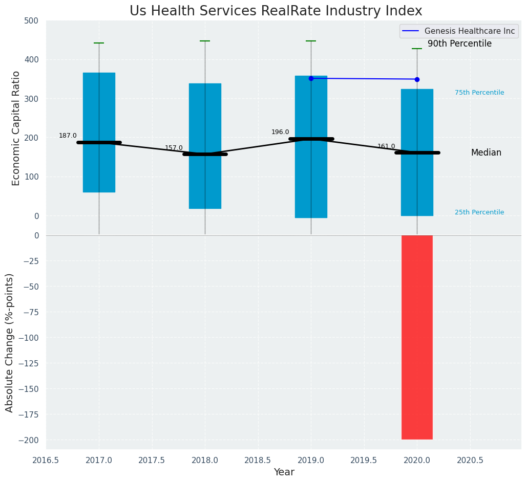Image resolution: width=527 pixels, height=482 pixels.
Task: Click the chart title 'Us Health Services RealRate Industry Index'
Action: point(276,11)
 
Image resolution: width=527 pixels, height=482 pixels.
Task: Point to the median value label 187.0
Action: point(68,136)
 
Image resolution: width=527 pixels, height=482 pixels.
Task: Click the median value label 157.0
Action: point(174,148)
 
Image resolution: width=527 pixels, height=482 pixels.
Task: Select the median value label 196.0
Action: point(280,133)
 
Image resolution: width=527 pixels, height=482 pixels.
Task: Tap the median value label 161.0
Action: point(386,147)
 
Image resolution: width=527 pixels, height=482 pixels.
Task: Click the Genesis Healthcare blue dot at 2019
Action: point(311,78)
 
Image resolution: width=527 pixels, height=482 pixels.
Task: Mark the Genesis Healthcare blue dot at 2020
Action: point(417,79)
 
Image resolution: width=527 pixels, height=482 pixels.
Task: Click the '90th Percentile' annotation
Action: point(459,44)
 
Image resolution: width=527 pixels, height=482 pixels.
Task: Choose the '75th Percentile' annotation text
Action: point(479,93)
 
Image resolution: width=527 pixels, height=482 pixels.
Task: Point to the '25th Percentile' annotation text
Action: point(479,212)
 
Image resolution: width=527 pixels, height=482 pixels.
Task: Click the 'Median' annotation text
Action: point(486,153)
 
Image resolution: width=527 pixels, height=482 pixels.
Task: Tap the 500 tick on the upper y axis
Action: point(31,21)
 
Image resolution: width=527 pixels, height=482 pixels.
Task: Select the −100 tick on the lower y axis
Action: point(29,338)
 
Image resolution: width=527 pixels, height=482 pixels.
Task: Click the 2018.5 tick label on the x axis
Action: point(258,461)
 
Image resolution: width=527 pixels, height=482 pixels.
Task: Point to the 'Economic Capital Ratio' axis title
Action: point(16,128)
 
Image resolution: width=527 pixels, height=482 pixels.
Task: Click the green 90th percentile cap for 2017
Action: point(99,43)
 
